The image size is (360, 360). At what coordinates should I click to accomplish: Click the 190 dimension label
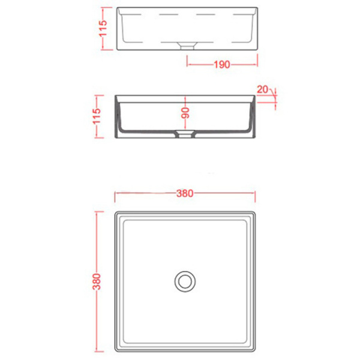(222, 65)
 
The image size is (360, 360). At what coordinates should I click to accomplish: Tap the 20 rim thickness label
(262, 89)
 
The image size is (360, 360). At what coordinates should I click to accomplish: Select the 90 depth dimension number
(185, 113)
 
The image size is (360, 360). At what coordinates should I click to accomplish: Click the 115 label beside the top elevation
(103, 28)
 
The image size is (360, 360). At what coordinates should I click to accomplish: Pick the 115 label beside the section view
(97, 116)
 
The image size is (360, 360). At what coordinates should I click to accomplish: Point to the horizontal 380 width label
(185, 194)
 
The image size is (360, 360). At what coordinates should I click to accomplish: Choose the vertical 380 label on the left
(97, 282)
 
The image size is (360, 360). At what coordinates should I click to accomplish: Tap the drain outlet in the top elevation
(187, 46)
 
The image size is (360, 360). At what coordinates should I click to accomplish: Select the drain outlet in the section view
(185, 134)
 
